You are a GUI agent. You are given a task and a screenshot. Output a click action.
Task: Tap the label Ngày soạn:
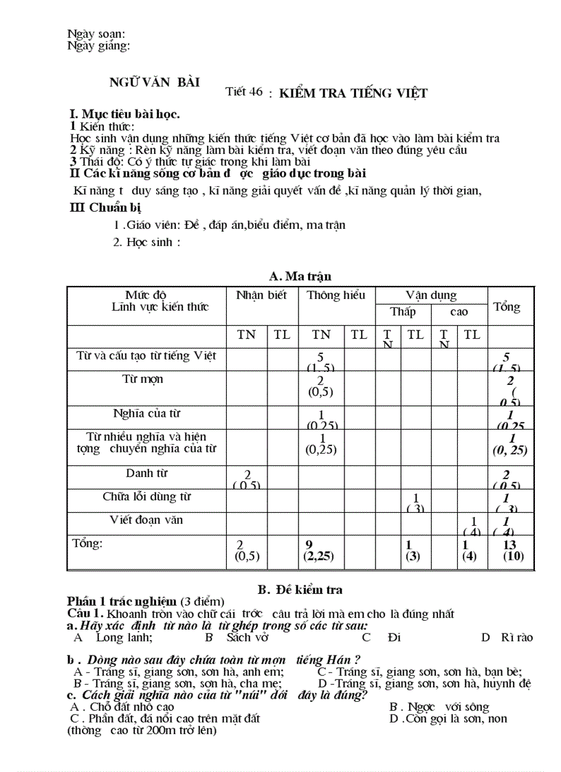click(96, 34)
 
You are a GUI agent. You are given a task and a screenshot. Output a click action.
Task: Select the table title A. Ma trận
click(300, 276)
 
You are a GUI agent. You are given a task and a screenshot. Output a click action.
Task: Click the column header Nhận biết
click(261, 296)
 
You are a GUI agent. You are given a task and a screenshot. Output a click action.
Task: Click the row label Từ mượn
click(142, 379)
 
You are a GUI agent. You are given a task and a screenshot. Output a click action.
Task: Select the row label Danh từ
click(146, 473)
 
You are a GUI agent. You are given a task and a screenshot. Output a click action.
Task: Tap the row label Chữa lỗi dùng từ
click(146, 496)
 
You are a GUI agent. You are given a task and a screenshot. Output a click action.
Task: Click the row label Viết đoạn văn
click(146, 520)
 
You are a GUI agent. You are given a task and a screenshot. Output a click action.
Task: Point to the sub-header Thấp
click(403, 312)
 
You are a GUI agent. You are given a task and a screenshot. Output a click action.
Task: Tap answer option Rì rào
click(516, 637)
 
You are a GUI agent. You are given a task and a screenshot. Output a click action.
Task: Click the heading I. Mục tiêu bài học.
click(125, 114)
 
